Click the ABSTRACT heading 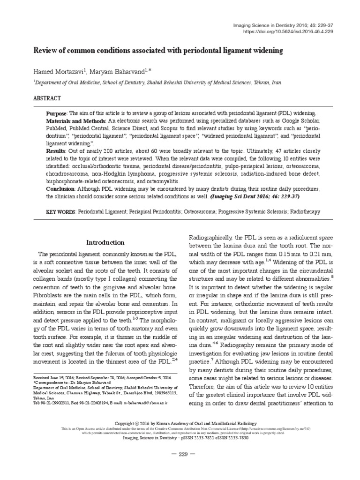[47, 98]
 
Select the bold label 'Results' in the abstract [55, 152]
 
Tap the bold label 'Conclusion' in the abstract [60, 189]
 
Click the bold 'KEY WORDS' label [61, 212]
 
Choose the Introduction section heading [105, 242]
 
